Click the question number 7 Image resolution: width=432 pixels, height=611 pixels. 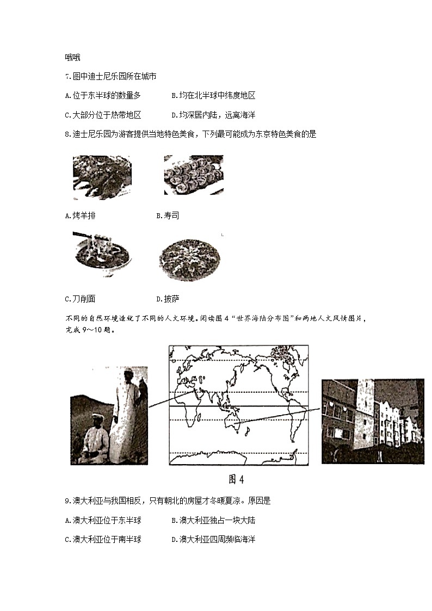tap(67, 77)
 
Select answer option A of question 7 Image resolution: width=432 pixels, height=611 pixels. tap(102, 96)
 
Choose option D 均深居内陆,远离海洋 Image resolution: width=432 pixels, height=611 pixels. tap(213, 115)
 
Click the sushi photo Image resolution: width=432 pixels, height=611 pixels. tap(193, 175)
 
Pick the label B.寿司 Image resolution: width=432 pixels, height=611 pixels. tap(168, 216)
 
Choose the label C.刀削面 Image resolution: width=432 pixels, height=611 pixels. tap(79, 299)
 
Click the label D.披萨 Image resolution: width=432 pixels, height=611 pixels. tap(168, 299)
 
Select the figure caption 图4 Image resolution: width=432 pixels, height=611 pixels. tap(237, 479)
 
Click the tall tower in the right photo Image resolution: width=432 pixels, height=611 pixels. tap(364, 413)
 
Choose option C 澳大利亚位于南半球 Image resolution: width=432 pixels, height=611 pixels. tap(102, 539)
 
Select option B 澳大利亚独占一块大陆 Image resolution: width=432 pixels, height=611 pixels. tap(213, 520)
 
